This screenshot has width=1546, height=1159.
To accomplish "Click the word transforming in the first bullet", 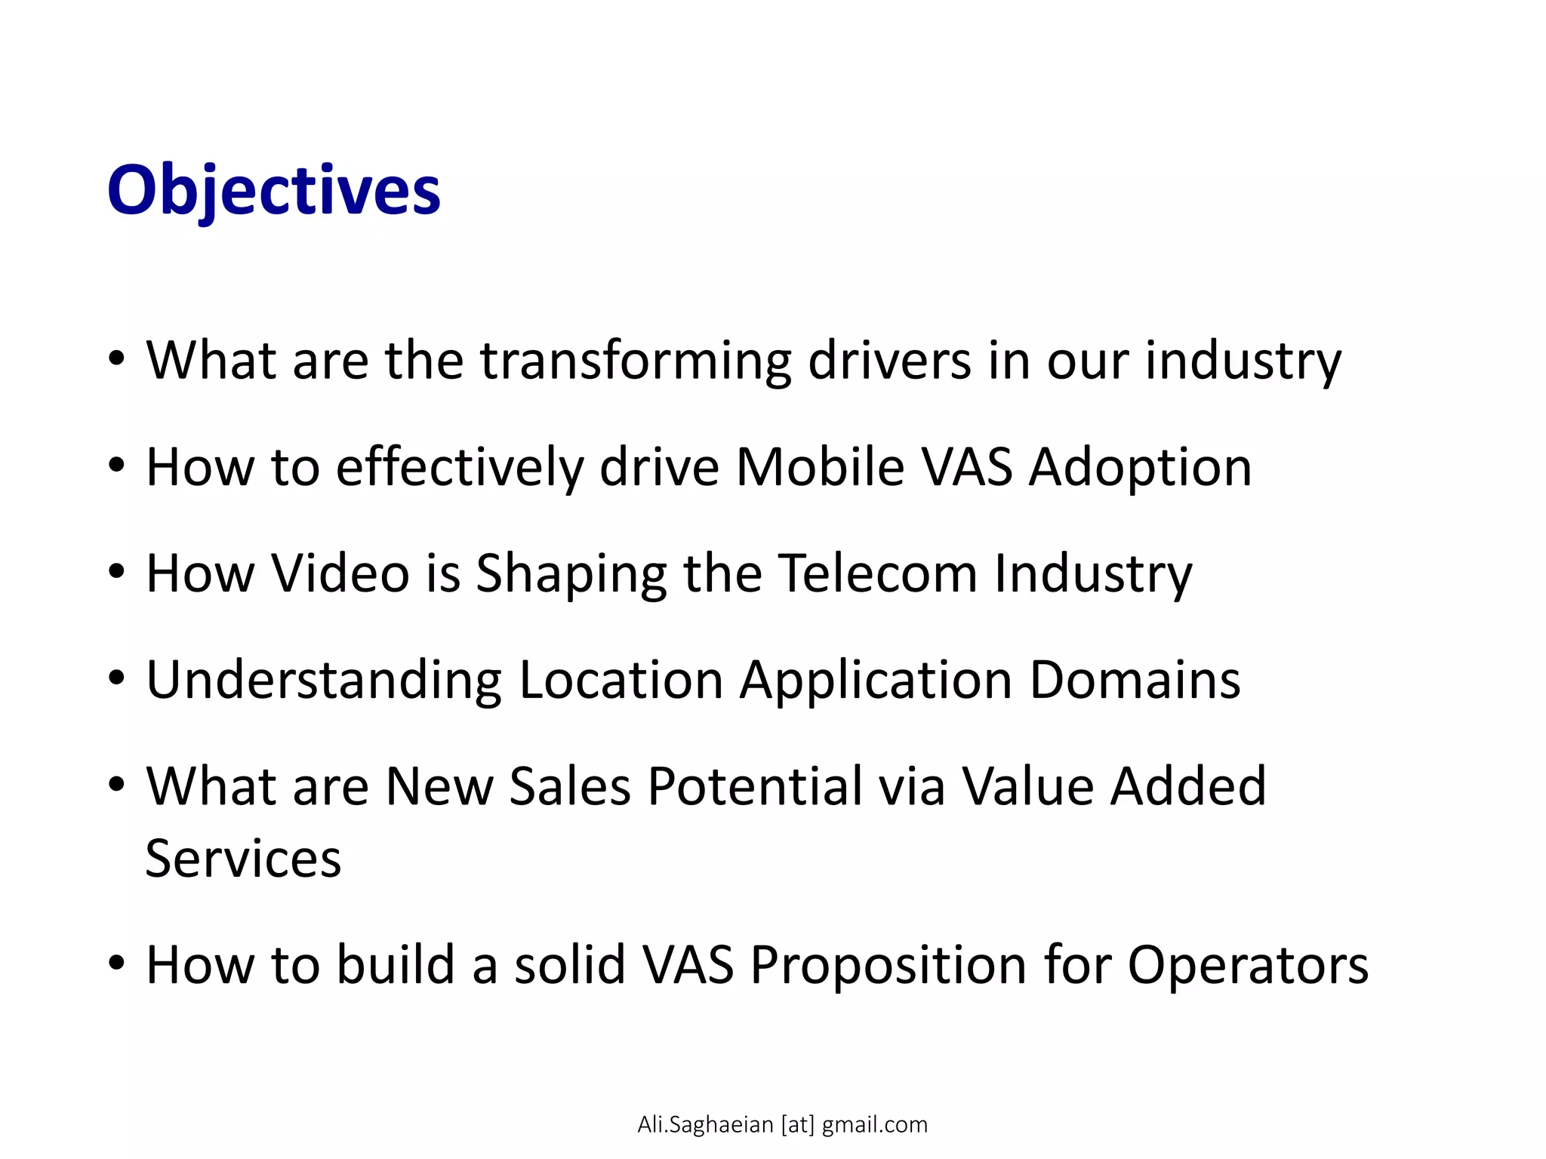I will tap(636, 361).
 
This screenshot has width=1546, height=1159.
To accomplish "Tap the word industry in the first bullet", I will tap(1243, 361).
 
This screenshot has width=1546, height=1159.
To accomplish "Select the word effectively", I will tap(459, 467).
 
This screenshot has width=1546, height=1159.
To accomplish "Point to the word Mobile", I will tap(820, 467).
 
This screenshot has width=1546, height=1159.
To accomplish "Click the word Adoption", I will tap(1140, 467).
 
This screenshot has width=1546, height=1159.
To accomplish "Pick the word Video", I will tap(340, 573).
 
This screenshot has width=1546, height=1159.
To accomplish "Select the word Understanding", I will tap(323, 681).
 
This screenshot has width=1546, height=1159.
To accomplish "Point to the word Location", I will tap(621, 680).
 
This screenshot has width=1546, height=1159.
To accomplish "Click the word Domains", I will tap(1135, 680).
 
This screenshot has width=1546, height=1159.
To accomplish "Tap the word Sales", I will tap(570, 786).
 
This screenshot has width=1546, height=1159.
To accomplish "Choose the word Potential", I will tap(755, 786).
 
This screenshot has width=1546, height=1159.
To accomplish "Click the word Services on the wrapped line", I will tap(243, 859).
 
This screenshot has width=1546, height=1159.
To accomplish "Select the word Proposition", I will tap(888, 966).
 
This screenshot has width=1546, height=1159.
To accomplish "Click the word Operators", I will tap(1247, 966).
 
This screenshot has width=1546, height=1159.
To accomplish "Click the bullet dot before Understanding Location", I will tap(115, 679).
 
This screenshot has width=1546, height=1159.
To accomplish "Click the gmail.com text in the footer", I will tap(874, 1125).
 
